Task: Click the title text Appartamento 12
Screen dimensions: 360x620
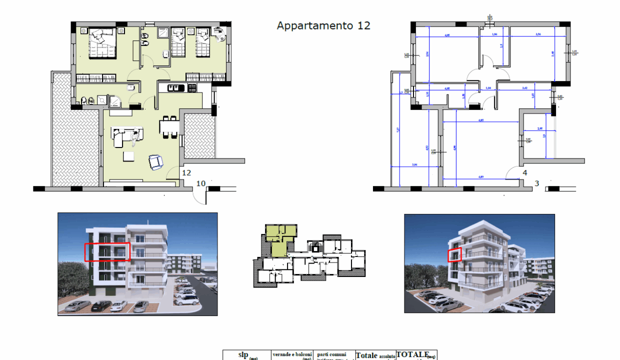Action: coord(323,25)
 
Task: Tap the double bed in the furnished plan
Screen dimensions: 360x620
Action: coord(102,43)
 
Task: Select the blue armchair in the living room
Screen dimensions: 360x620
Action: coord(156,162)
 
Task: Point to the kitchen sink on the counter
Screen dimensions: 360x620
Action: coord(173,88)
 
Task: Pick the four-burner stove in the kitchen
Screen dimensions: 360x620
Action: coord(191,88)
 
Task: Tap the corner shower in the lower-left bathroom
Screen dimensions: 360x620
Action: coord(114,101)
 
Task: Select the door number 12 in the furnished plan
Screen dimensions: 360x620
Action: coord(186,173)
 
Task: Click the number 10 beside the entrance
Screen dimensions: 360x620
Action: coord(200,183)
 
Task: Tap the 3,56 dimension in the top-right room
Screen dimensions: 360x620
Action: coord(538,34)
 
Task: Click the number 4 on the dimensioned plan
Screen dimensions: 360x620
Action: coord(524,173)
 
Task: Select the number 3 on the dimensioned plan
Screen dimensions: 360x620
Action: coord(536,183)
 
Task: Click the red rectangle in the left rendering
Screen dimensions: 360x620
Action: coord(107,251)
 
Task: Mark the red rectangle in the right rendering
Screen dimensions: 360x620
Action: coord(454,255)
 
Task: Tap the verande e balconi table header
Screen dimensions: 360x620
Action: coord(292,355)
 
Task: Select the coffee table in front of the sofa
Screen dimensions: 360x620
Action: coord(129,156)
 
